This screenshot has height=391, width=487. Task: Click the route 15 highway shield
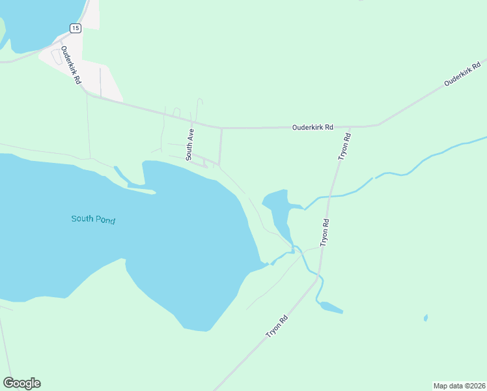(76, 28)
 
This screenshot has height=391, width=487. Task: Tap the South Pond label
(93, 220)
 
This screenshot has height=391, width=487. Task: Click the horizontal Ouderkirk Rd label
(313, 127)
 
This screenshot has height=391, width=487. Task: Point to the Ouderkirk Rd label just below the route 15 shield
(70, 65)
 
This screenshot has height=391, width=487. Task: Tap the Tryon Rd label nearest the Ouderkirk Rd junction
(344, 147)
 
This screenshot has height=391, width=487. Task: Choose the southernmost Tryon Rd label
(277, 326)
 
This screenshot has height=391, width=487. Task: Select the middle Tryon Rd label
(326, 232)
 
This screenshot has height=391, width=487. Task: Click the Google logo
(21, 383)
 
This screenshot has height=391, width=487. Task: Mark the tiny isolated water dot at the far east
(425, 318)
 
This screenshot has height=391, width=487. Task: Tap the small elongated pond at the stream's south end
(330, 307)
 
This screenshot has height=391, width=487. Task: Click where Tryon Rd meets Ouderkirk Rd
(350, 126)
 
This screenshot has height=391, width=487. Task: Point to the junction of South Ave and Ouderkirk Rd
(193, 121)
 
